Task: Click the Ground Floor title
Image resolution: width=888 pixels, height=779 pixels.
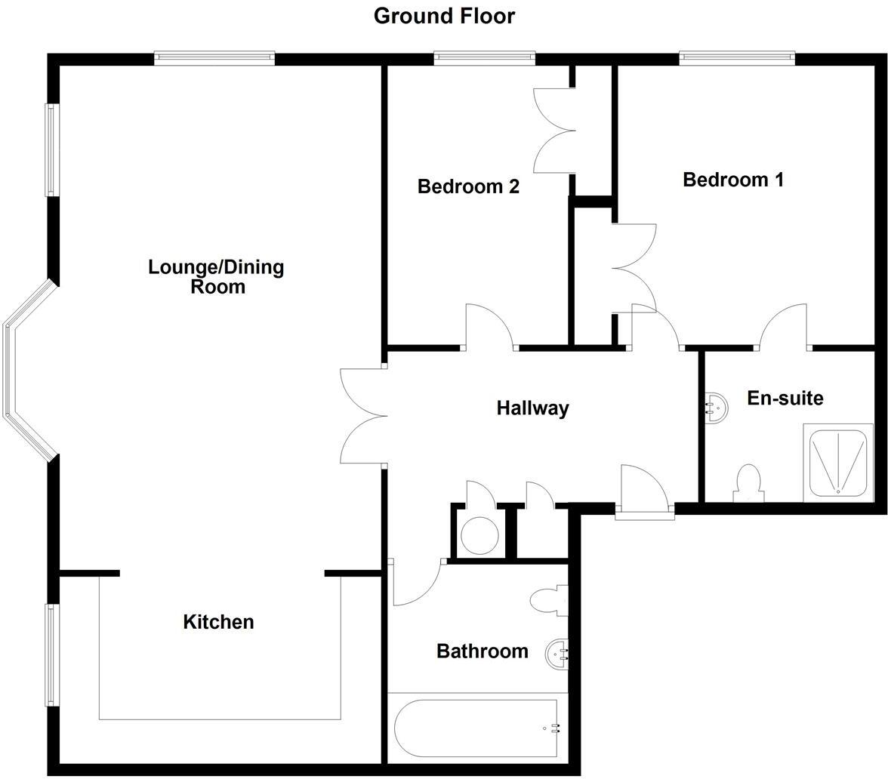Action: [x=444, y=16]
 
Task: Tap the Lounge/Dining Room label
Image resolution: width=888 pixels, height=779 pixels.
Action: [x=216, y=276]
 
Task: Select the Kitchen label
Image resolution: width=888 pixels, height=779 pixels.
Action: [x=218, y=622]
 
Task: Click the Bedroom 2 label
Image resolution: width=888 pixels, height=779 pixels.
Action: [x=468, y=186]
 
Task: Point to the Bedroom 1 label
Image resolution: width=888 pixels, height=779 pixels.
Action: [x=732, y=180]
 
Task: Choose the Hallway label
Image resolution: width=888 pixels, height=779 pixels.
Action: [x=532, y=408]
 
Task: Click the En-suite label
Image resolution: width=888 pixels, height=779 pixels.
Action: [x=785, y=398]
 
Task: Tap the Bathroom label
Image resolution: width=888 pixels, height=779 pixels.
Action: [x=482, y=651]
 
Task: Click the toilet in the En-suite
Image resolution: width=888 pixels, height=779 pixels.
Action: [x=748, y=483]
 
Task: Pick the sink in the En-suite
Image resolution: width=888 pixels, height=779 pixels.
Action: [x=717, y=408]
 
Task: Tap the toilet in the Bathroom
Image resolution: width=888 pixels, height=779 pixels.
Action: [x=548, y=601]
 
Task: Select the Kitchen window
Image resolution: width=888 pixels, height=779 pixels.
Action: [x=51, y=654]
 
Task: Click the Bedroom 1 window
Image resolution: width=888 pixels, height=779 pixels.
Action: [x=737, y=57]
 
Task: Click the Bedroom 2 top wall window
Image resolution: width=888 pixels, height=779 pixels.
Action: [x=485, y=57]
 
